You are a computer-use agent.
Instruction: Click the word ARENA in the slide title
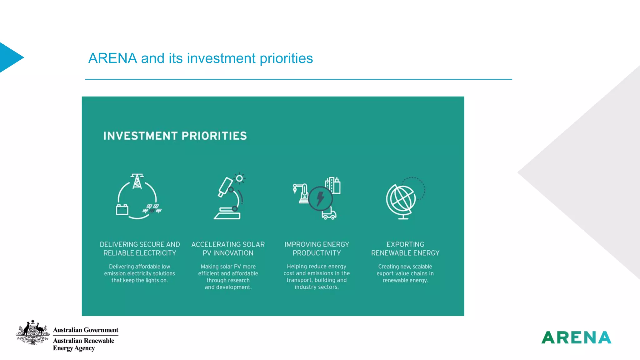112,58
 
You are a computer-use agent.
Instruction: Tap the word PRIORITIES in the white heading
214,136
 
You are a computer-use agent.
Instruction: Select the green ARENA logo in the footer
576,337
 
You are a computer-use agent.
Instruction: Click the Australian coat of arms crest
33,332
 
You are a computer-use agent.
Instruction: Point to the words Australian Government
86,330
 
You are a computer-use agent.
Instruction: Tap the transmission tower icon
137,182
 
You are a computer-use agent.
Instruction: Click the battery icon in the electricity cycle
122,210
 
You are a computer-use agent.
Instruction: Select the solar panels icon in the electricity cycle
152,209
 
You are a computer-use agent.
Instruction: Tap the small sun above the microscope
239,178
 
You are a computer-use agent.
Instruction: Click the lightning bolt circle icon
320,198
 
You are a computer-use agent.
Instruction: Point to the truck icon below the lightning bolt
329,214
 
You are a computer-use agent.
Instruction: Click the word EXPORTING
405,244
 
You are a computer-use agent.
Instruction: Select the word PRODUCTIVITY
317,253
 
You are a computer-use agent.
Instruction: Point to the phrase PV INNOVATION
228,253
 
